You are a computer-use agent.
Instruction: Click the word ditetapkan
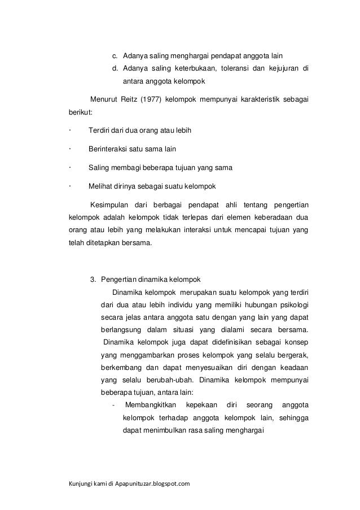(100, 245)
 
